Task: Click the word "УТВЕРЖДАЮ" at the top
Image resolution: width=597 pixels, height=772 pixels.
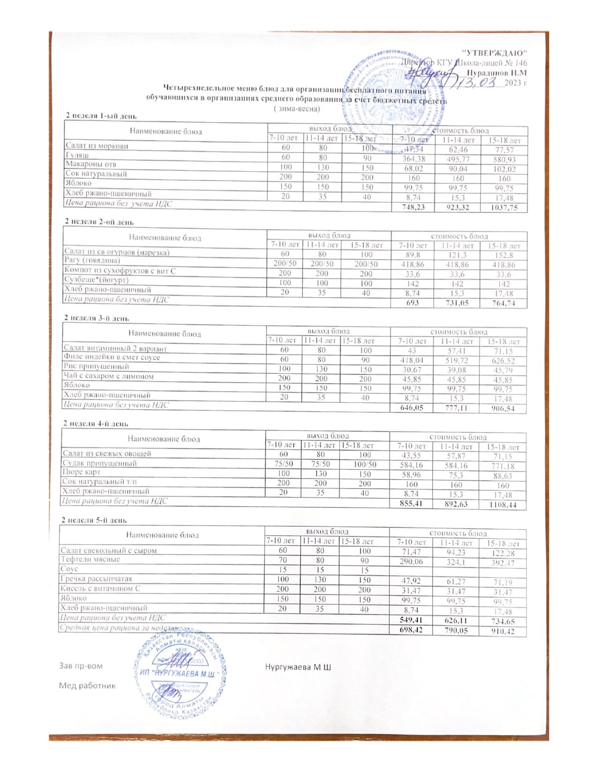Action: coord(495,52)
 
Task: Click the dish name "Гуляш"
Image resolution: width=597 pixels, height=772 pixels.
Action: coord(78,155)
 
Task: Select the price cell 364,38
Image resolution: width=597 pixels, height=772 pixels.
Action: coord(413,159)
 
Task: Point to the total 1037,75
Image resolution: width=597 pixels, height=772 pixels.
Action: coord(504,208)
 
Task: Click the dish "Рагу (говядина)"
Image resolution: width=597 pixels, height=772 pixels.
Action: coord(92,261)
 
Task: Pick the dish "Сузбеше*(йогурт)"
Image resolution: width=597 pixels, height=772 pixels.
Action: coord(96,280)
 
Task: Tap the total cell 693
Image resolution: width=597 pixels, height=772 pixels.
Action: coord(412,303)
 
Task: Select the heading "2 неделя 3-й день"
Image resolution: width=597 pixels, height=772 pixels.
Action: coord(96,318)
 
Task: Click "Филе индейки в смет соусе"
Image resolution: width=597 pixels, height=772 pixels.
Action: coord(112,357)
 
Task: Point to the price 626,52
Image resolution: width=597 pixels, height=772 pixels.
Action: coord(503,361)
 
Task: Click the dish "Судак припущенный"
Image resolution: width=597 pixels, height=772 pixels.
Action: coord(100,463)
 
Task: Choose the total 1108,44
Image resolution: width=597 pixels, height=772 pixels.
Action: coord(503,505)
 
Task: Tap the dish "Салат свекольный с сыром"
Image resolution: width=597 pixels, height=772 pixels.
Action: coord(109,551)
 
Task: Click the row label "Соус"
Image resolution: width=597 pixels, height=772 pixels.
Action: coord(69,569)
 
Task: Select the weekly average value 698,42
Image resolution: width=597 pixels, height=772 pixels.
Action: coord(411,631)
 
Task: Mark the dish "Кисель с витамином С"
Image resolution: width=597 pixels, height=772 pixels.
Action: coord(100,589)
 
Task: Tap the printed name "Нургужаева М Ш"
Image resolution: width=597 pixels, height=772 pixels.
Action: coord(298,666)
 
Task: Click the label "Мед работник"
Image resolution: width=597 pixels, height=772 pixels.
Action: coord(87,685)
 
